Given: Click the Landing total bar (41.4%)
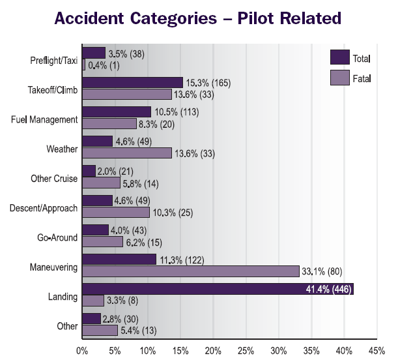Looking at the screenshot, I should click(218, 289).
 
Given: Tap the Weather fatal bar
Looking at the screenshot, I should click(127, 153).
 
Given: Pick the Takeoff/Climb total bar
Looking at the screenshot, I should click(132, 83).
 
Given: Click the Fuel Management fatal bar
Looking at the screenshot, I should click(109, 123).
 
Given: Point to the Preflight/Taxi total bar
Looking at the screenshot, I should click(94, 53).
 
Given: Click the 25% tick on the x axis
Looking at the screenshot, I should click(246, 350).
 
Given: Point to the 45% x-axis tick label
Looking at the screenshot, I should click(377, 350).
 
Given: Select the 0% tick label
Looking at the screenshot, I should click(82, 350).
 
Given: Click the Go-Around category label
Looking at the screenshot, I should click(59, 237).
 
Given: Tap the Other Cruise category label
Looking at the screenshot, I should click(54, 178).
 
